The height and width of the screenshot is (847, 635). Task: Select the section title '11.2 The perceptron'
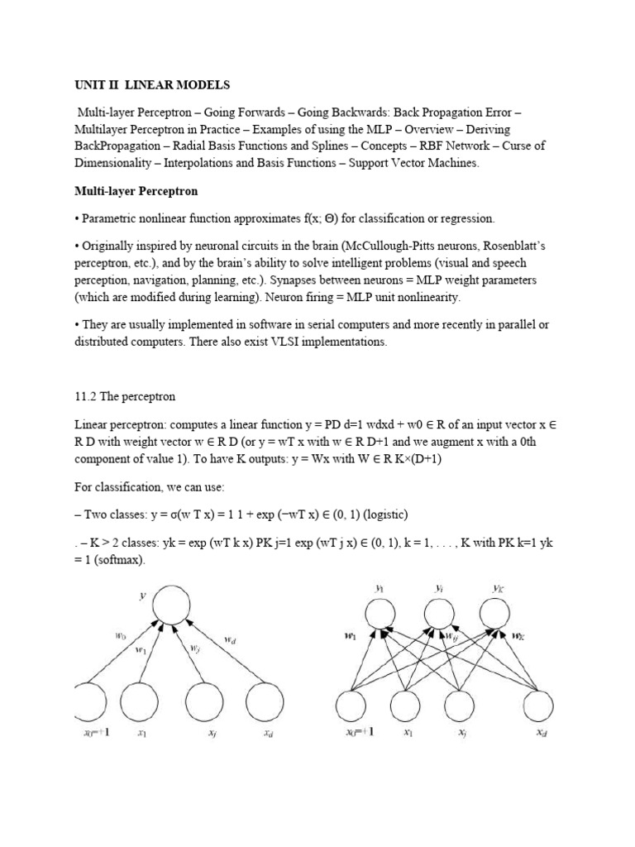[x=124, y=396]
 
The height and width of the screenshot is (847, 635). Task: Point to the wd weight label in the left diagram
[x=231, y=639]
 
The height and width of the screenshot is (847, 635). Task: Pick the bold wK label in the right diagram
[x=517, y=637]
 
